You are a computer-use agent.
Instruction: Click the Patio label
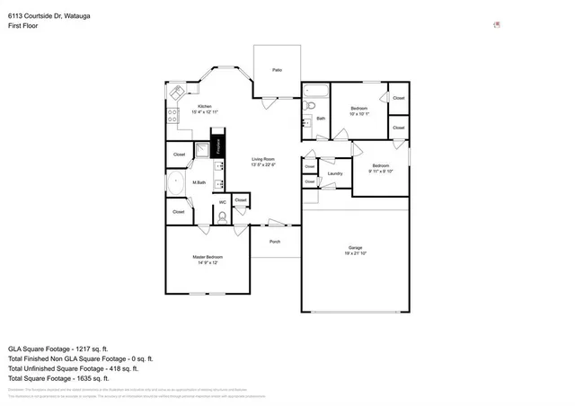click(x=278, y=69)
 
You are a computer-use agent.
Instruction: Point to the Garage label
click(x=355, y=250)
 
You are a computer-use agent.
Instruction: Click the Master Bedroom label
click(x=208, y=260)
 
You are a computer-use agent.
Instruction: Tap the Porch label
click(x=275, y=241)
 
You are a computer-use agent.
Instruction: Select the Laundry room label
click(x=335, y=173)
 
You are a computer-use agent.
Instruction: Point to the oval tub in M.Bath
click(x=176, y=183)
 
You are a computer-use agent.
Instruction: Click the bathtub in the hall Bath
click(x=316, y=90)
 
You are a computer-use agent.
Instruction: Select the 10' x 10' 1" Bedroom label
click(x=359, y=110)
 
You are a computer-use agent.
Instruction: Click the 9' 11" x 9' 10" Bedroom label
click(x=382, y=168)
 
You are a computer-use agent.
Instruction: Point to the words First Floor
click(x=22, y=27)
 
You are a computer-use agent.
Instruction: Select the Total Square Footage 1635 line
click(x=60, y=377)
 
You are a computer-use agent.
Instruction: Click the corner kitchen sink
click(x=176, y=92)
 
